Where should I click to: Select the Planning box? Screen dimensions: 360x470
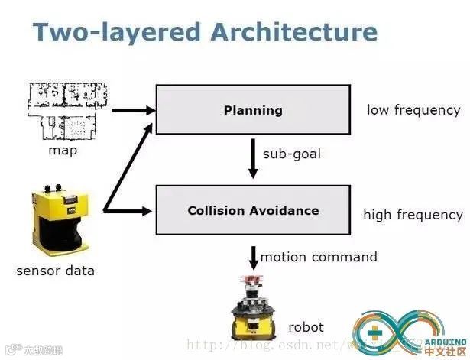[x=253, y=110]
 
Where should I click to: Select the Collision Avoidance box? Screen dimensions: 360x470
[x=253, y=209]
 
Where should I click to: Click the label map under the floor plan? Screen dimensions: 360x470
[x=63, y=150]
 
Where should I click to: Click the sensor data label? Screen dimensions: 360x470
[x=56, y=271]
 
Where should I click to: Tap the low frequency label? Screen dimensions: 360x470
[x=413, y=110]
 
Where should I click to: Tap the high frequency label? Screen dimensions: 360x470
[x=413, y=215]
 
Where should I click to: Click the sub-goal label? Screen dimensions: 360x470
[x=291, y=154]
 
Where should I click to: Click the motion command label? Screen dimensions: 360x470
[x=319, y=257]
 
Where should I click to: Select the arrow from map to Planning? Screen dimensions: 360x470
[x=132, y=110]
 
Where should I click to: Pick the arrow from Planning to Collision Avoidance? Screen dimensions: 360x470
[x=253, y=159]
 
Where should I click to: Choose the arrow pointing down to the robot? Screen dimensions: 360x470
[x=253, y=256]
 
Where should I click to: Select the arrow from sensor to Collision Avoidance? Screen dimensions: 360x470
[x=130, y=209]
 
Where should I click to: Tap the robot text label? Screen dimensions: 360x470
[x=306, y=327]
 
